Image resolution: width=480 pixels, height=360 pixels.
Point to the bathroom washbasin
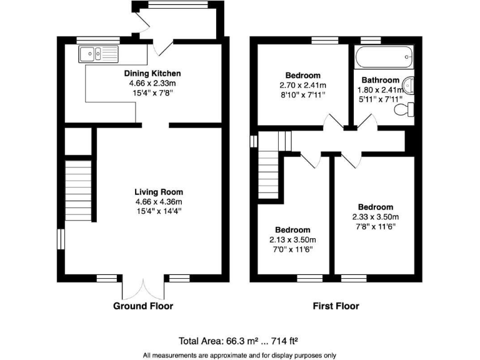coord(409,84)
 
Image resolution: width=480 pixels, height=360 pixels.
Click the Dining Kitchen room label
coord(151,73)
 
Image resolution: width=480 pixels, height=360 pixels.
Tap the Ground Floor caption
coord(143,306)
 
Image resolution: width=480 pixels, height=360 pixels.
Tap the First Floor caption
coord(336,306)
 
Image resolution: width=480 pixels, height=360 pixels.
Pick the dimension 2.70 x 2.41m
coord(302,85)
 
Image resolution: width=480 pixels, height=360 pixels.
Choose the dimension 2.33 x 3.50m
coord(375,217)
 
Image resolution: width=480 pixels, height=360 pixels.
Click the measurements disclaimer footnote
coord(239,354)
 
